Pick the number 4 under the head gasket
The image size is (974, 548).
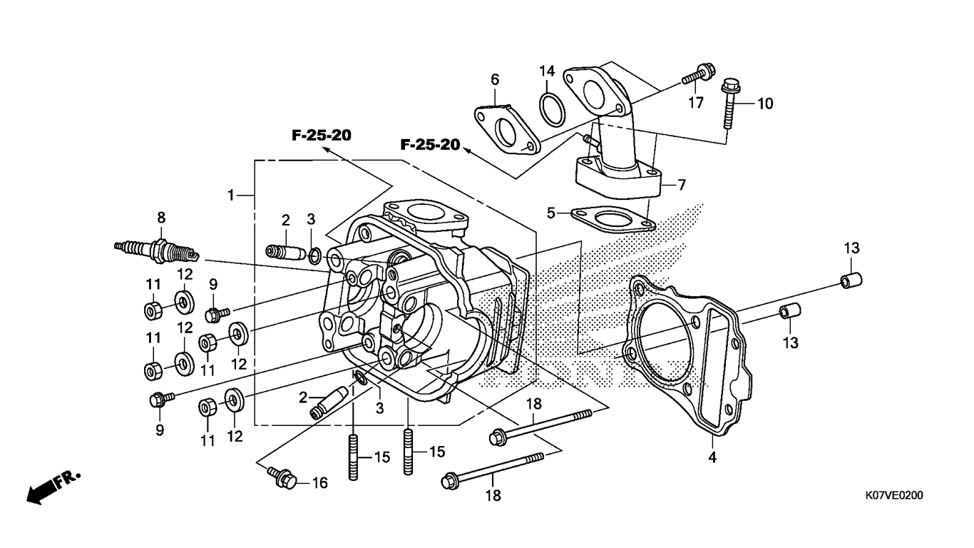712,457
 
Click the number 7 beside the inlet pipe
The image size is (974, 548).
682,185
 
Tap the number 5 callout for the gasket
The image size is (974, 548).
551,213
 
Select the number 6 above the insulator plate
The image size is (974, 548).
495,80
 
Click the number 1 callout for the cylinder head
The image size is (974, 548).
231,196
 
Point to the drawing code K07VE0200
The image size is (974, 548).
893,495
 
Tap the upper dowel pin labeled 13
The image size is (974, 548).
851,280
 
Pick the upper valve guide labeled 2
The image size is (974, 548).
285,252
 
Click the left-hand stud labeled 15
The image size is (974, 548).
353,458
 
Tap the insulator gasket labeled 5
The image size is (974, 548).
613,219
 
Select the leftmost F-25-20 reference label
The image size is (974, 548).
322,136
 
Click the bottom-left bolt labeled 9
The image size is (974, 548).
161,399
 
